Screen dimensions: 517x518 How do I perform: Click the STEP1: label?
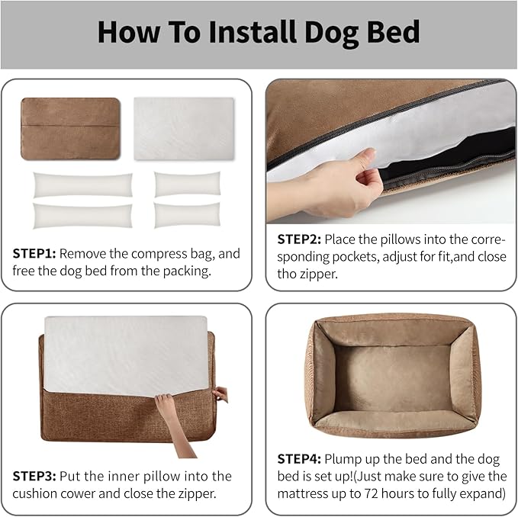coord(35,253)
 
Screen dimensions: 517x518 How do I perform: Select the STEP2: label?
coord(300,239)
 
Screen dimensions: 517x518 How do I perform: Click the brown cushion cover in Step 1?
coord(70,128)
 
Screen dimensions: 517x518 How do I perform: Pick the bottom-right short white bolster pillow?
coord(187,215)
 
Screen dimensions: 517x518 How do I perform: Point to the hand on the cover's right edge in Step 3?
coord(220,394)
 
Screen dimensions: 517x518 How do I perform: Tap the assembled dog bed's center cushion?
coord(392,376)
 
